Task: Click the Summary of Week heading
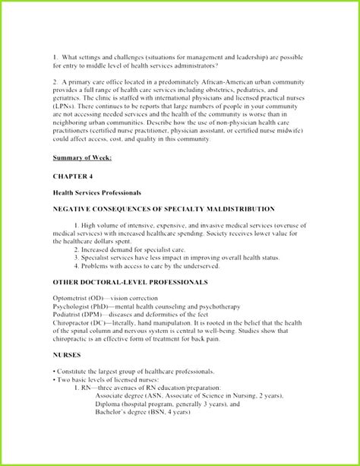click(x=82, y=157)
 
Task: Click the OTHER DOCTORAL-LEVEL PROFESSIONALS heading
click(x=130, y=281)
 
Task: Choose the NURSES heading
click(x=68, y=355)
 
